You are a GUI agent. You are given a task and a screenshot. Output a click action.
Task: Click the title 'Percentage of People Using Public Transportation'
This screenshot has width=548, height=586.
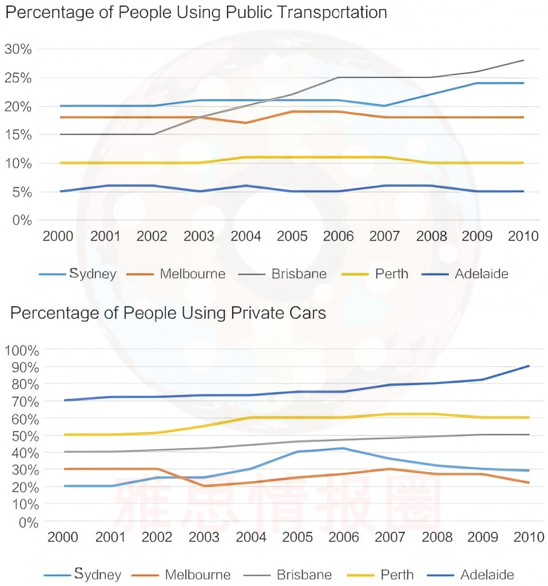[196, 13]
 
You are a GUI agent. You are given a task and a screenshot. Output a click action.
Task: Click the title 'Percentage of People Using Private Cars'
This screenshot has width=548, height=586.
[168, 313]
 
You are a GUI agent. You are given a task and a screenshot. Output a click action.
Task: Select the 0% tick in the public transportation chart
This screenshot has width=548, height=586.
[21, 220]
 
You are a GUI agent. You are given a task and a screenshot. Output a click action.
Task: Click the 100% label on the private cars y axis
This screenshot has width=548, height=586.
[21, 350]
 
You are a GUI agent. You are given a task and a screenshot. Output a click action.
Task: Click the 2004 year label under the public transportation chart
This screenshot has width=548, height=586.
[246, 236]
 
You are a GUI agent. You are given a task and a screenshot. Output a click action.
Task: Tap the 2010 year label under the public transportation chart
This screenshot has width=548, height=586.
[523, 236]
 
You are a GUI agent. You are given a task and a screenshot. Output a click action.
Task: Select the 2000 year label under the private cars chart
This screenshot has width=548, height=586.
[63, 537]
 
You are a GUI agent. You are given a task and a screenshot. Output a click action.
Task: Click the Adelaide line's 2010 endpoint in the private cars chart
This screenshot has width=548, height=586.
[529, 366]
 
